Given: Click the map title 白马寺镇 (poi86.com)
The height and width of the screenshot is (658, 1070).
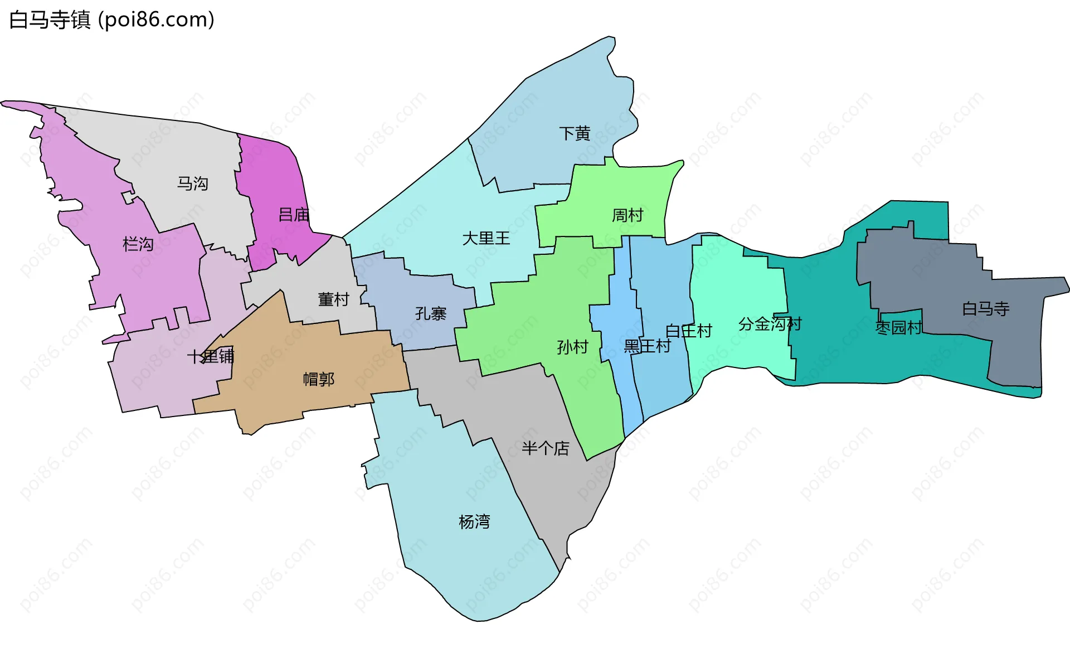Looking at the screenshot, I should tap(111, 20).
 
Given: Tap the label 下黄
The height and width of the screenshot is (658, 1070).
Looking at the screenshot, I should tap(575, 133).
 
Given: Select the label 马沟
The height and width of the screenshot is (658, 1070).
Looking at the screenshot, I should tap(192, 183).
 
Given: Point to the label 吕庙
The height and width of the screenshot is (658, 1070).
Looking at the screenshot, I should tap(294, 215).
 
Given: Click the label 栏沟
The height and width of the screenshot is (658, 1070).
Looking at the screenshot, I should tap(138, 244).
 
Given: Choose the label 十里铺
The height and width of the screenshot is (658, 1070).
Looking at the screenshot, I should tap(210, 356).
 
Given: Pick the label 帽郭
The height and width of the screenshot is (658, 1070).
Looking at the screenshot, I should tap(318, 380).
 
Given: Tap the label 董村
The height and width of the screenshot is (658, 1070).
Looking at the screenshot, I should tap(333, 299).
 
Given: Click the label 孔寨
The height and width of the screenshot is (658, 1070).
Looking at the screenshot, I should tap(431, 313).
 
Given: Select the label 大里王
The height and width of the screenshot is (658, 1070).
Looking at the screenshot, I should tap(486, 239).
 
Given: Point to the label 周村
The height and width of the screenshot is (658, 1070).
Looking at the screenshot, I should tap(628, 215).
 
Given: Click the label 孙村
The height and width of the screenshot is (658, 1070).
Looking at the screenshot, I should tap(572, 347).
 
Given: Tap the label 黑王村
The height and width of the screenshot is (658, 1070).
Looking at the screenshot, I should tap(647, 346).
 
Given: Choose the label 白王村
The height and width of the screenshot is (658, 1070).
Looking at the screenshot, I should tap(689, 331).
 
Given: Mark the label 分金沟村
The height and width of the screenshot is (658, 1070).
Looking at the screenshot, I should tap(770, 324).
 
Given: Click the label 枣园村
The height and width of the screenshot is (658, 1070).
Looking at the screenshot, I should tap(898, 328).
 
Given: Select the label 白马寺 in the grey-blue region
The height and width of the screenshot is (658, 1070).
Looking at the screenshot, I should tap(985, 308).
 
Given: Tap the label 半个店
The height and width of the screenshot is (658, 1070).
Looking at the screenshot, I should tap(545, 448).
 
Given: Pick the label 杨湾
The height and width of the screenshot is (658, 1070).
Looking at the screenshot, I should tap(474, 522).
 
